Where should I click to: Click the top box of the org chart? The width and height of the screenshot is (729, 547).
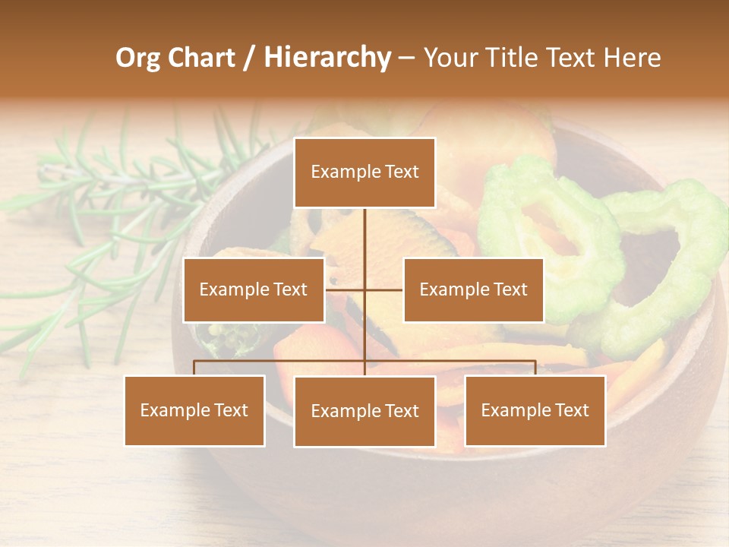pyautogui.click(x=364, y=172)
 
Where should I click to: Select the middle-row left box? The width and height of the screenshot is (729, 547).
pyautogui.click(x=254, y=289)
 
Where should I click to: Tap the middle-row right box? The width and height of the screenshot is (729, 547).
pyautogui.click(x=473, y=289)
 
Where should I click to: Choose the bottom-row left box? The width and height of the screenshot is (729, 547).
pyautogui.click(x=194, y=410)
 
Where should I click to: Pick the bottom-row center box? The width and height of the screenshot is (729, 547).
pyautogui.click(x=364, y=411)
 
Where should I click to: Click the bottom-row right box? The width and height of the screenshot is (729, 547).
pyautogui.click(x=535, y=410)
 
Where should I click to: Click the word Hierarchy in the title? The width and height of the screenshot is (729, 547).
pyautogui.click(x=327, y=58)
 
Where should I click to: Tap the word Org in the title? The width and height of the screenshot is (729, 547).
pyautogui.click(x=137, y=58)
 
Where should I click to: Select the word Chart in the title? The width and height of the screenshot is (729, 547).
pyautogui.click(x=200, y=58)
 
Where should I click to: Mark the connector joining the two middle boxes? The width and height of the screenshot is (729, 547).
pyautogui.click(x=364, y=289)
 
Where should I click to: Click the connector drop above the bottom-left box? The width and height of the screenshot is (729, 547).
pyautogui.click(x=194, y=368)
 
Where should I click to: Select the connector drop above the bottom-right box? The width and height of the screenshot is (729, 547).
pyautogui.click(x=535, y=368)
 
